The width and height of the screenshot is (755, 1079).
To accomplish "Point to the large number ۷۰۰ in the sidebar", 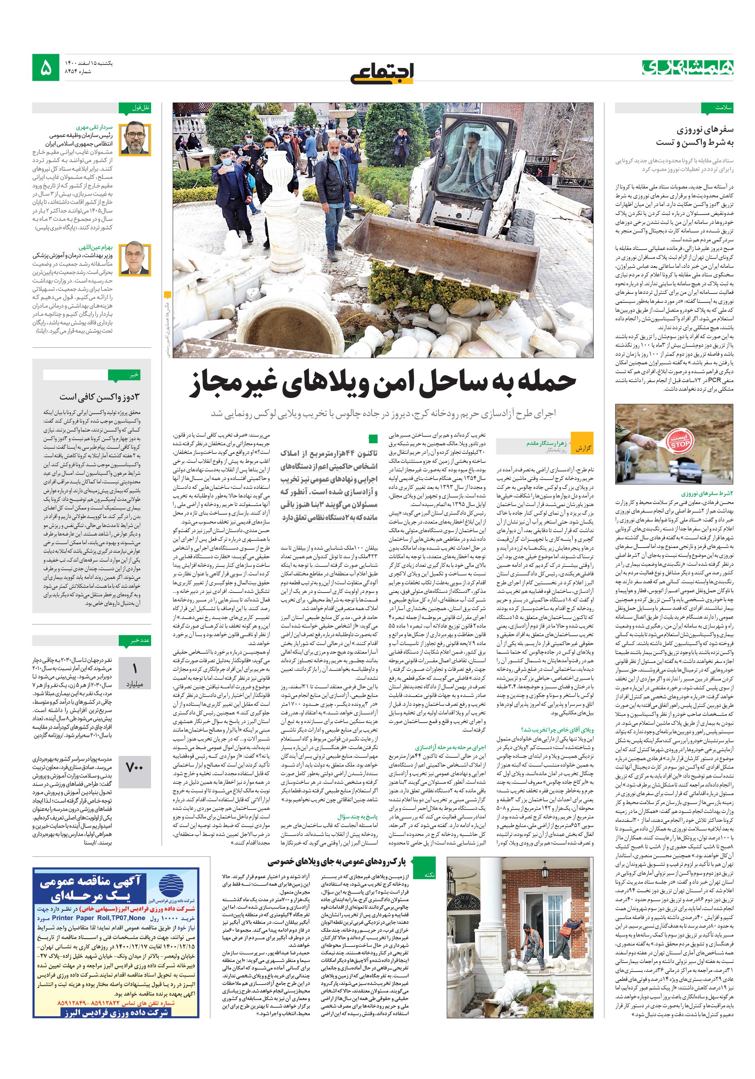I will (x=135, y=767).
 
